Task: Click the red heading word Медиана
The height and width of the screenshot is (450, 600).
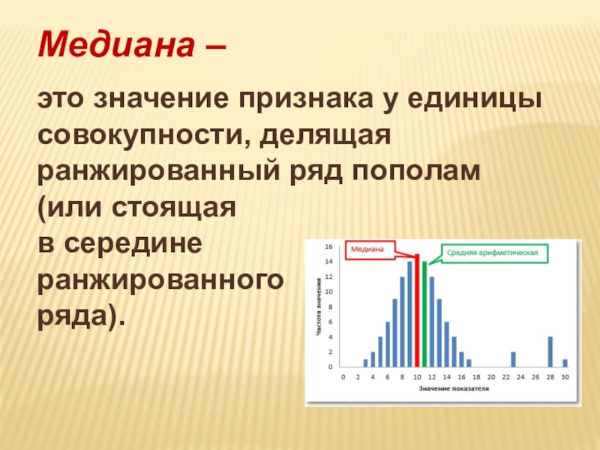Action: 116,44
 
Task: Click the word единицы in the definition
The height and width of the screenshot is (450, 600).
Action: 475,100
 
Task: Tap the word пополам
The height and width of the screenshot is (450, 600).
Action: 416,172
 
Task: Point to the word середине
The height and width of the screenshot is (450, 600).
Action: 133,243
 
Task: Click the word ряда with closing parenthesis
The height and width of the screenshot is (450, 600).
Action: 82,316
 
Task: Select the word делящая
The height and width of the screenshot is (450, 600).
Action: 325,136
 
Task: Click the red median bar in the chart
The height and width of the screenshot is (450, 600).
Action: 417,310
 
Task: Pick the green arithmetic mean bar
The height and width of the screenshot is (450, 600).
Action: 424,314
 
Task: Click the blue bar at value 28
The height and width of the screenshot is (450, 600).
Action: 550,352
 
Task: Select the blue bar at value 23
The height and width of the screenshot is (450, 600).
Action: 513,359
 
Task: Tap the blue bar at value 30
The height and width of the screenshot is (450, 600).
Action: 565,363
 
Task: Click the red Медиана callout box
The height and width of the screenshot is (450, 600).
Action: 370,250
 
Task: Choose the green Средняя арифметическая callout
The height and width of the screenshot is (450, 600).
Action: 495,253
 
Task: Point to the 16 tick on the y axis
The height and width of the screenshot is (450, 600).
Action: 328,247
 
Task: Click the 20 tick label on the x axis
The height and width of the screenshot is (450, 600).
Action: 491,377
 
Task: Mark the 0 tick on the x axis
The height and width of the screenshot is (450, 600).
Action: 343,377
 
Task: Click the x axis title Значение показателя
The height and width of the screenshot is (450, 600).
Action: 454,388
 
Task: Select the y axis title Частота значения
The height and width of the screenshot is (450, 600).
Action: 318,307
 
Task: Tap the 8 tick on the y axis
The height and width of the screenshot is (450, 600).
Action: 331,307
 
